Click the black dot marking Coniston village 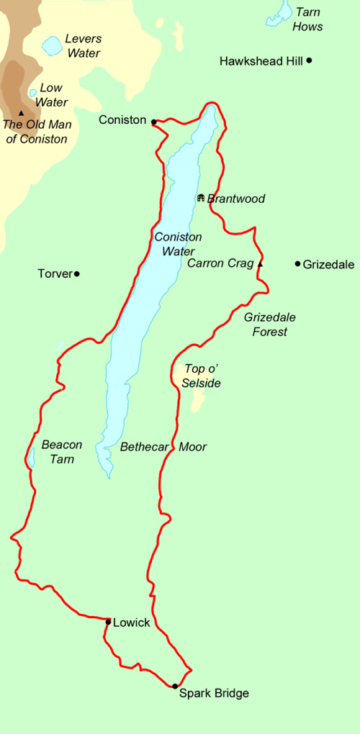(154, 122)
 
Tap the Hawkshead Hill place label (261, 62)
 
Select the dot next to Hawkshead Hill (309, 60)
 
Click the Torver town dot (76, 273)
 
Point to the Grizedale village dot (297, 264)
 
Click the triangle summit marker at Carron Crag (261, 264)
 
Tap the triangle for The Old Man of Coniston (22, 113)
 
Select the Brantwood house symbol (200, 198)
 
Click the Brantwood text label (236, 199)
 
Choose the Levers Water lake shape (51, 46)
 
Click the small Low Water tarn (32, 93)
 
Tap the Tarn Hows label (307, 21)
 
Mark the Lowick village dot (108, 622)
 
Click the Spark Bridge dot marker (175, 686)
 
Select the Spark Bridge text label (214, 694)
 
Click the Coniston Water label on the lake (178, 244)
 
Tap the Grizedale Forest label (269, 324)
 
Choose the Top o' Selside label (202, 376)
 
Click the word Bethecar (145, 447)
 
